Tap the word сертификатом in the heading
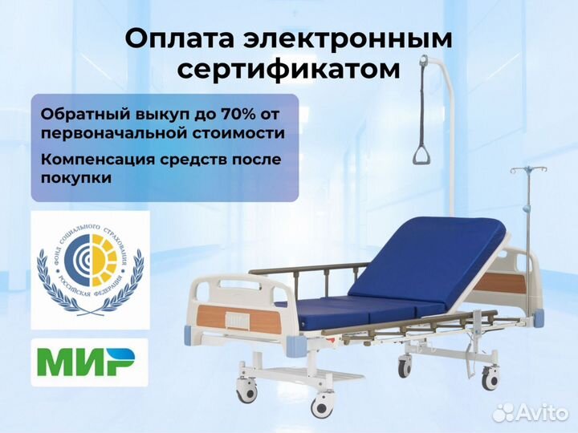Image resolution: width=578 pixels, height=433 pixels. pyautogui.click(x=288, y=70)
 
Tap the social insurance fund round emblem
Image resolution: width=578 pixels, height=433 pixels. pyautogui.click(x=90, y=269)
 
